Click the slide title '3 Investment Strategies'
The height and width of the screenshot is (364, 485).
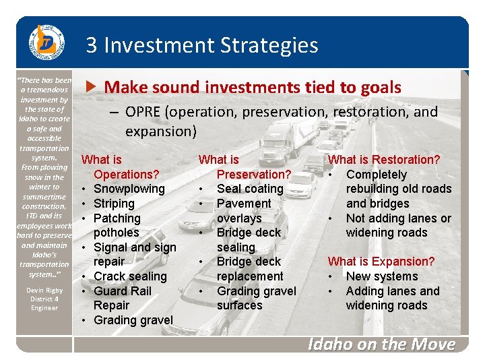[x=201, y=45]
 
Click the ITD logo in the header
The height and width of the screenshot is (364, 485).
[x=45, y=44]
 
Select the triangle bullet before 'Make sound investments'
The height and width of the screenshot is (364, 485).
[x=94, y=87]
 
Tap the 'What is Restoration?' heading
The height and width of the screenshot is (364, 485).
[x=383, y=160]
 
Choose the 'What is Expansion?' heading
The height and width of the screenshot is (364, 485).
[x=381, y=262]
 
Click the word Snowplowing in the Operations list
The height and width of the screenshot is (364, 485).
[x=129, y=189]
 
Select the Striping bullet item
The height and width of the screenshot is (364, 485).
[x=114, y=204]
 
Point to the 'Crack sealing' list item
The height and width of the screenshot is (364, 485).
[x=130, y=276]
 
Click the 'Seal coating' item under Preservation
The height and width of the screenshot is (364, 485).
[x=250, y=189]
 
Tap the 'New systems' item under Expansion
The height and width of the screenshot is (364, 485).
[x=382, y=276]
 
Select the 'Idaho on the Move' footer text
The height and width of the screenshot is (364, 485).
[x=381, y=344]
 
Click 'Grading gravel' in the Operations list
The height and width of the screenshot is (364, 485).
[x=133, y=320]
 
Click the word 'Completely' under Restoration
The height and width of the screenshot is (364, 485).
[x=377, y=175]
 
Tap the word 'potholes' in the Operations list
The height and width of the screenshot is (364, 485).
[x=117, y=233]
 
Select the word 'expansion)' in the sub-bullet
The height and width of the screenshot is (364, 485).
[x=161, y=131]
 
